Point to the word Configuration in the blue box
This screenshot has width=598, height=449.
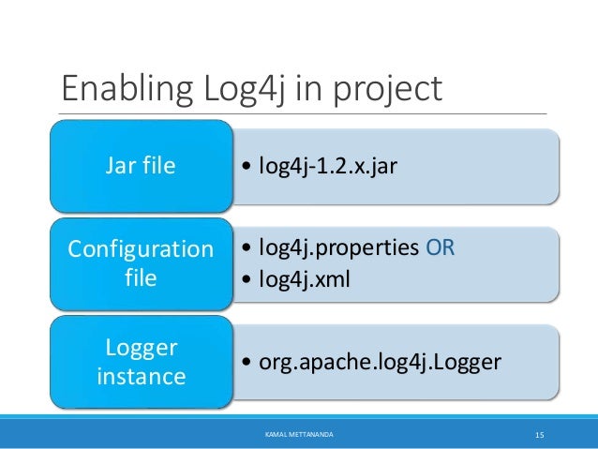pyautogui.click(x=141, y=250)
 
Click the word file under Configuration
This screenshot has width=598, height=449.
pyautogui.click(x=141, y=278)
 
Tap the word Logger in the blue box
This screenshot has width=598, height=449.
pyautogui.click(x=141, y=348)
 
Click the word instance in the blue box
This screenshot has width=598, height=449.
pyautogui.click(x=141, y=377)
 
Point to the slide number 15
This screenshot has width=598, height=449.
pyautogui.click(x=540, y=435)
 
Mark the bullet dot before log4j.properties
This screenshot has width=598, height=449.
pyautogui.click(x=246, y=248)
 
